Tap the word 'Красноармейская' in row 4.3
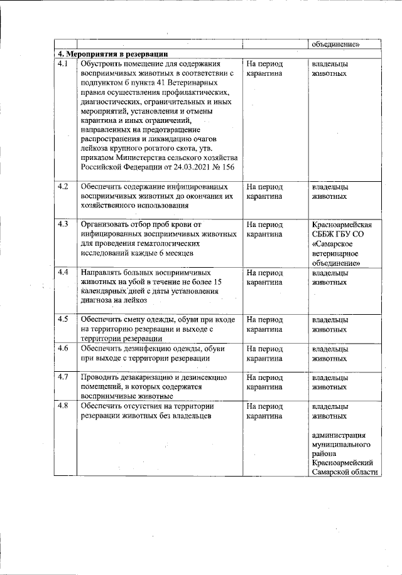tap(345, 224)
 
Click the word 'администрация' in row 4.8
tap(342, 435)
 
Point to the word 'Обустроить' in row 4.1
tap(103, 64)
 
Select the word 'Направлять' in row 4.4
tap(103, 273)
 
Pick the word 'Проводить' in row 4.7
tap(100, 377)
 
